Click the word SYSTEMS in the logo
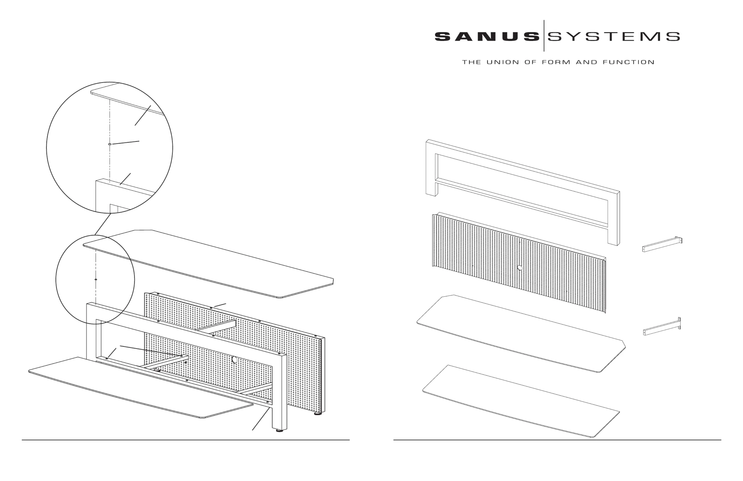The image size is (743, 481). click(x=614, y=37)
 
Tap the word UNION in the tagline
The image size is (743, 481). click(x=503, y=62)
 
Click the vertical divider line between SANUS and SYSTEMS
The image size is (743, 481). click(x=544, y=36)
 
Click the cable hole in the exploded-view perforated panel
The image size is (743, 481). click(x=520, y=268)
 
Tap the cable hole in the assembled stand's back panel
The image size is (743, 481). click(x=234, y=360)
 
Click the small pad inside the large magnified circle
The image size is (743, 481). click(x=109, y=144)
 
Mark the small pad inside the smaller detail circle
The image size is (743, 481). click(x=96, y=279)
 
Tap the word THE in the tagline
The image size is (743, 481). click(x=471, y=62)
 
